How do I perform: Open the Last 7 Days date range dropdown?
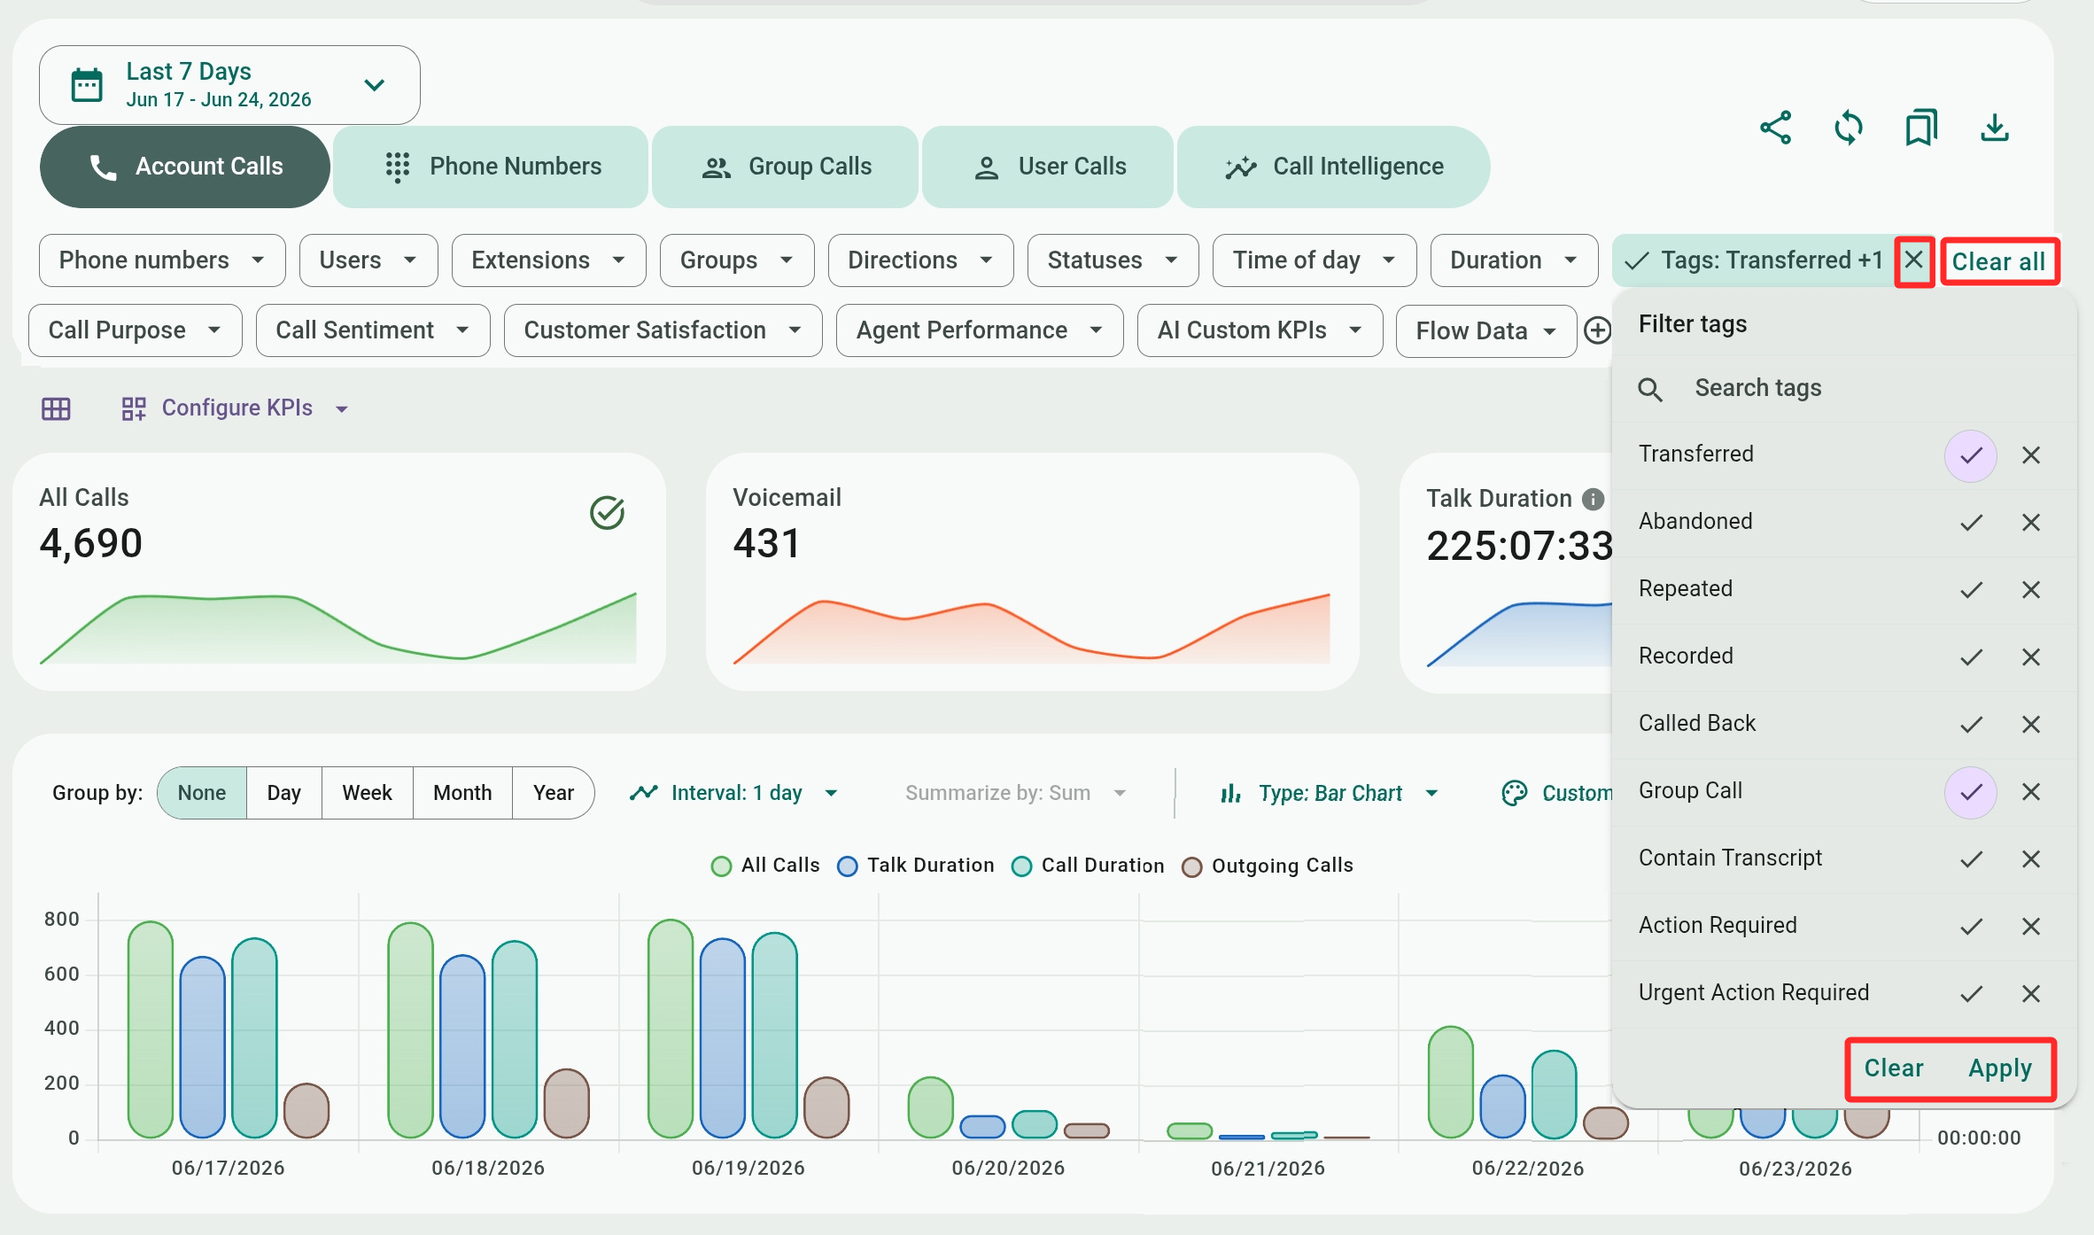(229, 85)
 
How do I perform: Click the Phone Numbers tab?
(491, 167)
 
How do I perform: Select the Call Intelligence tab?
(1333, 167)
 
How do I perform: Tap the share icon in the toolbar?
(1776, 128)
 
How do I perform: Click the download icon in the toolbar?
(1995, 128)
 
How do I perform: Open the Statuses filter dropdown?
(1113, 260)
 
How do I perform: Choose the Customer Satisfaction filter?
(663, 330)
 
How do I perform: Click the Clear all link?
(1999, 261)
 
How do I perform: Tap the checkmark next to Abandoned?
(1971, 522)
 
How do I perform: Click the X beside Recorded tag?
(2031, 656)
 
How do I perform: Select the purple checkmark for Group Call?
(1971, 791)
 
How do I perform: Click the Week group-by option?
(367, 793)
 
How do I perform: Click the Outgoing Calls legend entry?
(1268, 866)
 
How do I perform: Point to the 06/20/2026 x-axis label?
(1008, 1168)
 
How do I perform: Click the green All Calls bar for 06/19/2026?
(671, 1029)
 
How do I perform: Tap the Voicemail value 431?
(766, 543)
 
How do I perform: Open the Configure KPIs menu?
(236, 408)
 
